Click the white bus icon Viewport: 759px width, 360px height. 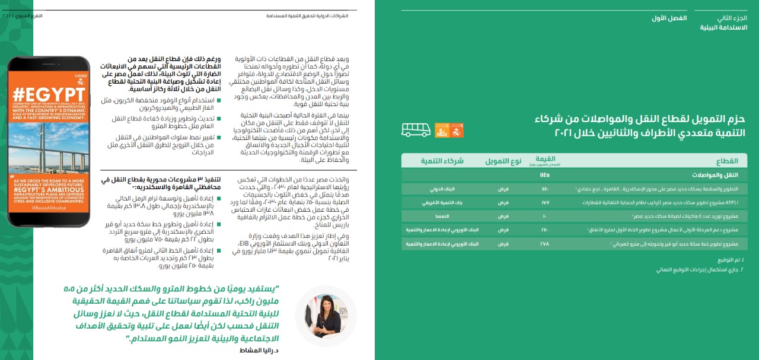coord(416,129)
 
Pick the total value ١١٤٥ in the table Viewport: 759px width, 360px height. coord(544,175)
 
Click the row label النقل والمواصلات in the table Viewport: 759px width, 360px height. coord(722,175)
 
